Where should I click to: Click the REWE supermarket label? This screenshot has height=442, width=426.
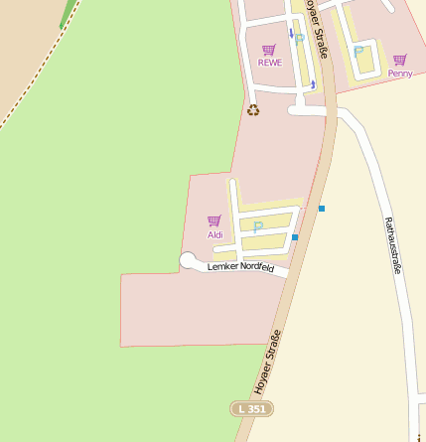(269, 63)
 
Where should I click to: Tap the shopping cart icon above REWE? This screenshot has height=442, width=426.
(268, 50)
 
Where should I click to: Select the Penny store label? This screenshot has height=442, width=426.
(400, 74)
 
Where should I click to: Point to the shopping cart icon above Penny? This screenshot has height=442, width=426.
(399, 61)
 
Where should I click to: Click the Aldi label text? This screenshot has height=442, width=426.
(215, 235)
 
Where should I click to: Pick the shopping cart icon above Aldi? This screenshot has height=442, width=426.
(213, 221)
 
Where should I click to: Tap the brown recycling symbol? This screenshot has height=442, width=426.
(253, 110)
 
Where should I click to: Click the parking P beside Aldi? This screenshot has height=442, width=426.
(258, 227)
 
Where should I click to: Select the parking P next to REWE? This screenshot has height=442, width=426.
(299, 40)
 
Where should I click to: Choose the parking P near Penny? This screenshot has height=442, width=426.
(358, 52)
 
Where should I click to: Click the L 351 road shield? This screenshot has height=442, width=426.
(251, 408)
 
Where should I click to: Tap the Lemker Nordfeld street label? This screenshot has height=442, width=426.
(240, 267)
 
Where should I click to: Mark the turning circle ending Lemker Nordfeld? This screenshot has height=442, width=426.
(187, 260)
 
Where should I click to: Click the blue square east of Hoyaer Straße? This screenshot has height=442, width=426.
(322, 209)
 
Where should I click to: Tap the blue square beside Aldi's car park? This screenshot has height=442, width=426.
(295, 237)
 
